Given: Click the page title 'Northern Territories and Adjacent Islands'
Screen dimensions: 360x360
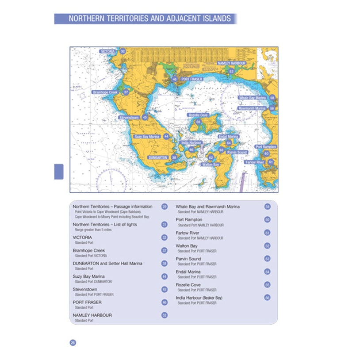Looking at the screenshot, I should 149,19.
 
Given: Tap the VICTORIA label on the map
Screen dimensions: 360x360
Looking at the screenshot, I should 108,52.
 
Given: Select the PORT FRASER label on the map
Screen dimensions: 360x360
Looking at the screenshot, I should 191,79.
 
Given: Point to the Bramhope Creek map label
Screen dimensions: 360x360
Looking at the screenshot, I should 105,92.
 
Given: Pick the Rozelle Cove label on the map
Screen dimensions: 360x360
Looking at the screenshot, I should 198,115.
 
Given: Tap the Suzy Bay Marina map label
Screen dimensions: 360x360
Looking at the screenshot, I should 147,137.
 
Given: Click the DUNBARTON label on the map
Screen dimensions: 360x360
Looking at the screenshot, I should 158,157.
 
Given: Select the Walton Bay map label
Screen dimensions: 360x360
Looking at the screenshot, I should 211,165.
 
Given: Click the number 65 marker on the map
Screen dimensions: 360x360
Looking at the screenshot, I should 198,122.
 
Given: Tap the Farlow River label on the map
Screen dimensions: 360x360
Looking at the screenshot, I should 254,162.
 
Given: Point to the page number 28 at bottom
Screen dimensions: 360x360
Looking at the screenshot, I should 73,342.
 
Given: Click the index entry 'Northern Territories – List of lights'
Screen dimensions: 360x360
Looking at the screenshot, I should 104,225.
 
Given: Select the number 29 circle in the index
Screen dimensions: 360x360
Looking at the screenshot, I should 165,207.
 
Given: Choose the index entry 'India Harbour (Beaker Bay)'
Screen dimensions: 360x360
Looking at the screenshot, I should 199,298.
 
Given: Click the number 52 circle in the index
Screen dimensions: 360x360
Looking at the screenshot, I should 165,315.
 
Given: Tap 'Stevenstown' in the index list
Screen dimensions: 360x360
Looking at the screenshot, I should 85,290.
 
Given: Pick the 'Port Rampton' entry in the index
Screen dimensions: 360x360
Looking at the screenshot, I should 189,220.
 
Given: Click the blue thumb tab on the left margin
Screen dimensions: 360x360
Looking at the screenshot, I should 59,172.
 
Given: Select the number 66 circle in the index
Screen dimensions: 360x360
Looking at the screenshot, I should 268,298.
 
